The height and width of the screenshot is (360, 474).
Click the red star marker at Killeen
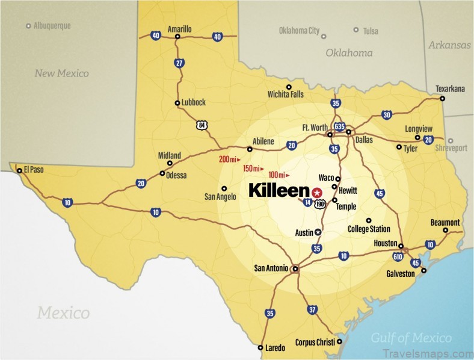point(318,191)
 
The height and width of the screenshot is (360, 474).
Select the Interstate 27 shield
point(179,63)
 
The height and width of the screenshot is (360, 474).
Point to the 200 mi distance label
point(229,159)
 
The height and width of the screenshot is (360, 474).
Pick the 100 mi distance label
point(279,175)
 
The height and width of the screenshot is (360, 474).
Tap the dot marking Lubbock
point(177,103)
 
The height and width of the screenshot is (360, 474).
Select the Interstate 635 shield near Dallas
point(339,127)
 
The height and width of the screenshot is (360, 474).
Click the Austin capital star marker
point(318,232)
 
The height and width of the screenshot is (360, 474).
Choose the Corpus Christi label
point(315,342)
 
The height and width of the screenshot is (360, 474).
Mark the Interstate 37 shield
point(312,309)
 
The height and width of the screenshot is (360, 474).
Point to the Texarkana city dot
point(442,98)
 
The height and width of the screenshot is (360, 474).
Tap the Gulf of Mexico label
point(411,337)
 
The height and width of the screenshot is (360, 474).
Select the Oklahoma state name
point(349,53)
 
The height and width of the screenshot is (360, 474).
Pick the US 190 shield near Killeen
point(321,205)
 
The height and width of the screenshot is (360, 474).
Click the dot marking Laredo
point(260,347)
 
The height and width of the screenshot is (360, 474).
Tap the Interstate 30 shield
point(386,114)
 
